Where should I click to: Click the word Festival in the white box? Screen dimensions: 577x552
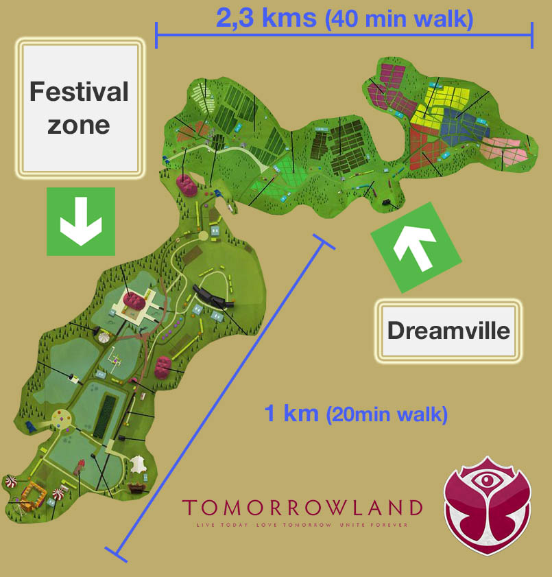pyautogui.click(x=80, y=91)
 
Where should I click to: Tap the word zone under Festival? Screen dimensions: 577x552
pyautogui.click(x=80, y=125)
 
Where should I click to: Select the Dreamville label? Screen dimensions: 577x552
pyautogui.click(x=448, y=330)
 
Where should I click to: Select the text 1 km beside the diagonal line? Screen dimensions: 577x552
pyautogui.click(x=291, y=413)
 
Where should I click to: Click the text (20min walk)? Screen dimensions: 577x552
pyautogui.click(x=387, y=414)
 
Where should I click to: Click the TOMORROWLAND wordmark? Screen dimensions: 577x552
pyautogui.click(x=302, y=508)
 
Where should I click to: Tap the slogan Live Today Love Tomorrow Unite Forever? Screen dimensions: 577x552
pyautogui.click(x=302, y=525)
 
